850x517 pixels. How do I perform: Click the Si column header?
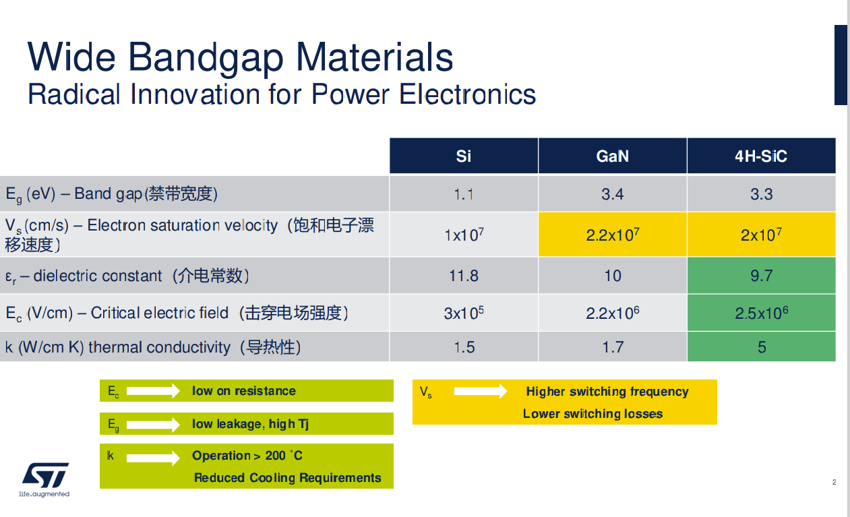coord(463,156)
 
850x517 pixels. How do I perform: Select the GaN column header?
coord(612,156)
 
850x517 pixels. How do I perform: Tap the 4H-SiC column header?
coord(761,156)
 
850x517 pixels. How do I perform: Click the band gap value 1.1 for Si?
coord(463,195)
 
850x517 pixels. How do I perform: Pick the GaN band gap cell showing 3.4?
coord(612,195)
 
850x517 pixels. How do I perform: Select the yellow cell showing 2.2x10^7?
coord(612,235)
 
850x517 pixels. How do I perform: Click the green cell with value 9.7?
coord(761,276)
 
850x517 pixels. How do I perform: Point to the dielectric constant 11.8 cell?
coord(463,276)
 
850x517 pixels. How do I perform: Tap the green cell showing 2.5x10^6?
coord(761,313)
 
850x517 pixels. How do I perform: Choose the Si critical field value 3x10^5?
coord(463,313)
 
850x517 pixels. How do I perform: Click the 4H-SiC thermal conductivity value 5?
coord(761,347)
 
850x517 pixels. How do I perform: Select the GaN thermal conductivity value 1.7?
coord(612,347)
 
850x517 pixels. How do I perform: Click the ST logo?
coord(45,476)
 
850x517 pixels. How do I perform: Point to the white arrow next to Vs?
coord(480,391)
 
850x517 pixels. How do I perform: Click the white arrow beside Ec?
coord(153,390)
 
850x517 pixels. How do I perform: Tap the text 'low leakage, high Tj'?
coord(250,424)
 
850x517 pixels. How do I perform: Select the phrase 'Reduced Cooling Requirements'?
coord(287,478)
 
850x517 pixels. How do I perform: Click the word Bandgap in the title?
coord(206,57)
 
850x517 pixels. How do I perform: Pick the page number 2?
coord(834,482)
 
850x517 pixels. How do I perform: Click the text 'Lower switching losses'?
coord(593,414)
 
